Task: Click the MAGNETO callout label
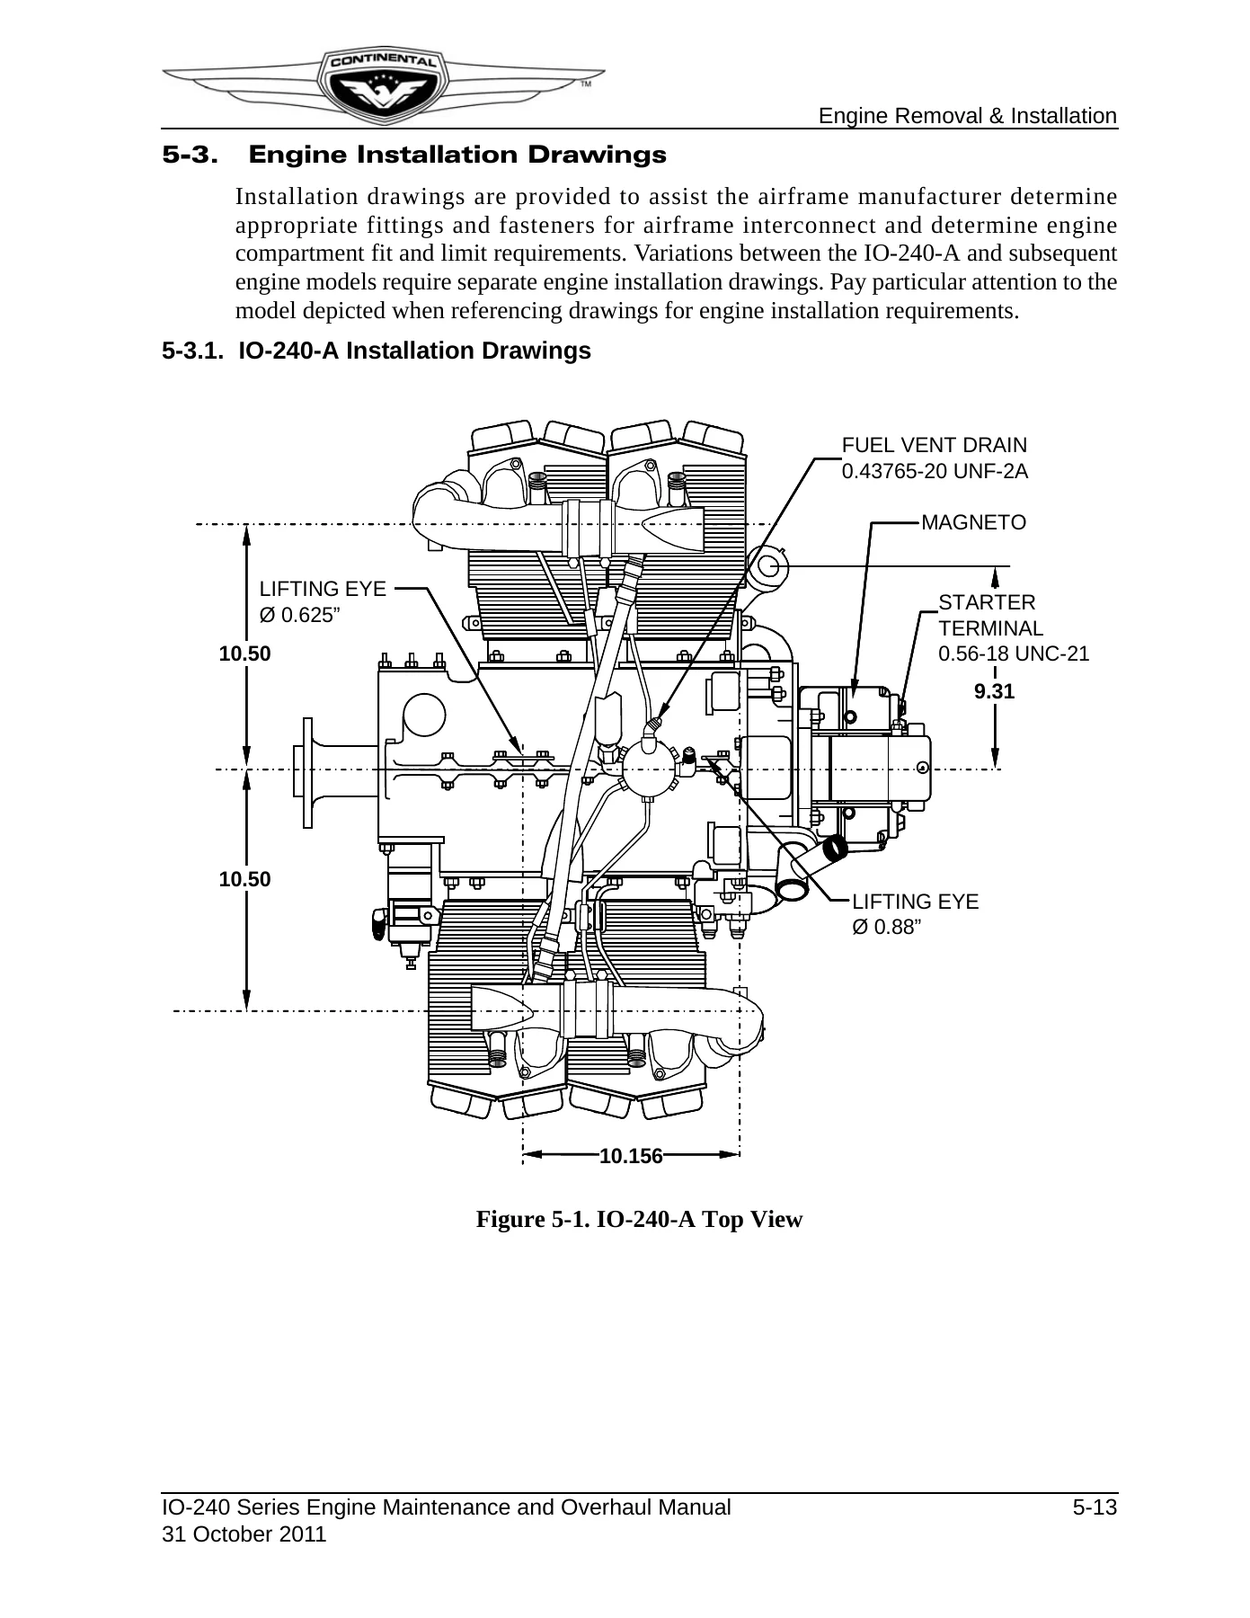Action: (974, 522)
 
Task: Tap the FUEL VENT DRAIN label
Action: (935, 445)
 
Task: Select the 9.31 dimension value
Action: (995, 691)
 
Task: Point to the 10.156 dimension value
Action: (631, 1156)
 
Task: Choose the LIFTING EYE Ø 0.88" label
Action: (916, 914)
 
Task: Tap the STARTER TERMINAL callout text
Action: (1014, 627)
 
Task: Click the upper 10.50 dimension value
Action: (245, 654)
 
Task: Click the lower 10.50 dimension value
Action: (245, 880)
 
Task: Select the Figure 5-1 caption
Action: (639, 1220)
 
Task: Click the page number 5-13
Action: (1094, 1507)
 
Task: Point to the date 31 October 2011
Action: (244, 1534)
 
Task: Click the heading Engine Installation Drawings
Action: (457, 156)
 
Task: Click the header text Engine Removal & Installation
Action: (968, 116)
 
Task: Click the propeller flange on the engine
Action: (308, 771)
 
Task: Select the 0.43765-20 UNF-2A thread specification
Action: (935, 470)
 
